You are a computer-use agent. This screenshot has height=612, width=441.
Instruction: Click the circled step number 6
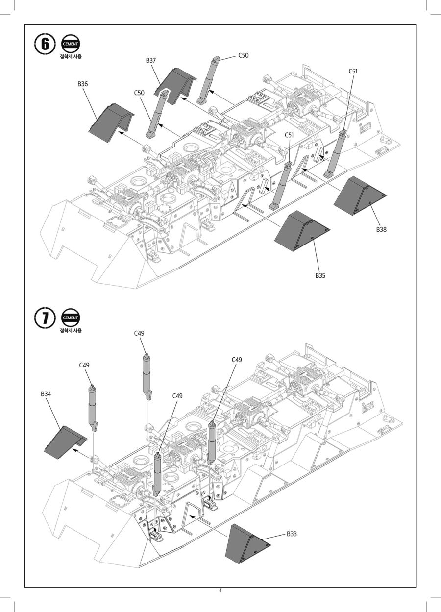click(45, 44)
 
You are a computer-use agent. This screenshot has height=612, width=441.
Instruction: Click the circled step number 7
click(45, 318)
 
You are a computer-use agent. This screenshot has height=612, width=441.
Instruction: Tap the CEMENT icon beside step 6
click(71, 44)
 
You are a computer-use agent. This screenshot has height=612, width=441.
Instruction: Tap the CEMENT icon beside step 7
click(71, 318)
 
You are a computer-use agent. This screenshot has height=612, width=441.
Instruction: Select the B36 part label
click(82, 84)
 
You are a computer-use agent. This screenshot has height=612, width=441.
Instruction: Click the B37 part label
click(150, 60)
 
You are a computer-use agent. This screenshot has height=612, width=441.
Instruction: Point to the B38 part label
click(381, 229)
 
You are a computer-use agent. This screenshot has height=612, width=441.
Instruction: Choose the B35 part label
click(320, 275)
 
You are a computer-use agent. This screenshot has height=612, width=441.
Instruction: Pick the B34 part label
click(46, 393)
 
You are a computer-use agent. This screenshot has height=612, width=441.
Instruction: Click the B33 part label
click(292, 534)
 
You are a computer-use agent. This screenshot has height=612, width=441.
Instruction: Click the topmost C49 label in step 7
click(139, 333)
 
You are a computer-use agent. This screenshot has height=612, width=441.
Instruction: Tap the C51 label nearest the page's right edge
click(353, 71)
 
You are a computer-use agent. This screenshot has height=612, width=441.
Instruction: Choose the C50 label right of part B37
click(244, 55)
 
